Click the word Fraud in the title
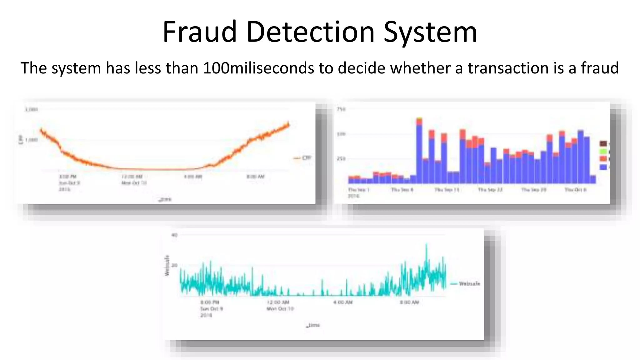click(x=199, y=32)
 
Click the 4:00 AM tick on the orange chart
click(x=193, y=177)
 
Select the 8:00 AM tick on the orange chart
click(x=255, y=177)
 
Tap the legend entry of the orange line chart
click(x=302, y=158)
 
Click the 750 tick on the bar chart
click(x=341, y=109)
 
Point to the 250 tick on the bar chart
click(x=341, y=159)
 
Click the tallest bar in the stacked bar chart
click(x=419, y=150)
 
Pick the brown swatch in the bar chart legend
click(x=603, y=143)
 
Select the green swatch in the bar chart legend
click(x=603, y=152)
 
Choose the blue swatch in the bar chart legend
click(x=603, y=167)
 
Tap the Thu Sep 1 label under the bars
click(x=358, y=190)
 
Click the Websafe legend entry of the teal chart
click(x=465, y=284)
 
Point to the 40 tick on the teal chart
click(x=174, y=235)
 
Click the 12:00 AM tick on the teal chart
click(x=278, y=302)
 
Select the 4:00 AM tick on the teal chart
click(x=343, y=302)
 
